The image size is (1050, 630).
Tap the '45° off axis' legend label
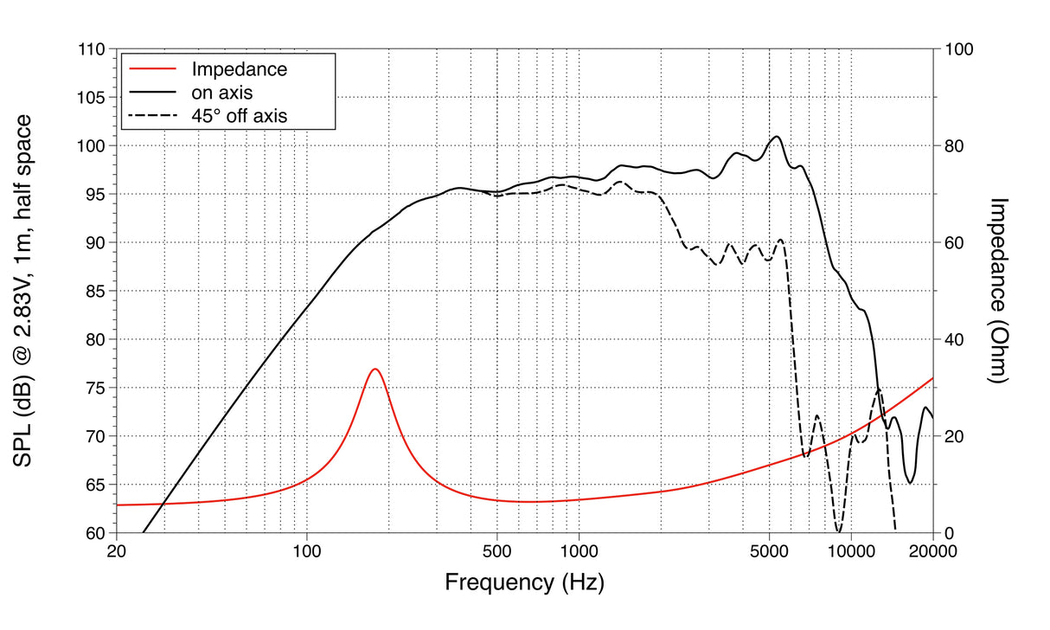(238, 113)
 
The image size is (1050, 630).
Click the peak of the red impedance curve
(375, 370)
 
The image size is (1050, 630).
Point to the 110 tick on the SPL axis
(92, 49)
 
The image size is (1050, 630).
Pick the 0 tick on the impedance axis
(948, 533)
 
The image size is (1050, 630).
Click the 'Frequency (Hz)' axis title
(524, 582)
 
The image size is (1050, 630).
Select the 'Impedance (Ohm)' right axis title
(1000, 291)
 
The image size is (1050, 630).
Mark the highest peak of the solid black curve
(777, 137)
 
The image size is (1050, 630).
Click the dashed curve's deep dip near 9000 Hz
(837, 530)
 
